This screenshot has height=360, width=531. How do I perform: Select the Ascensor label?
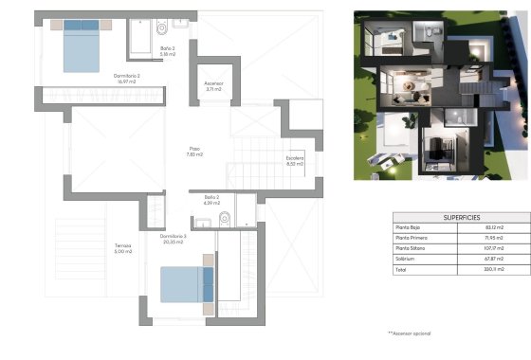click(213, 86)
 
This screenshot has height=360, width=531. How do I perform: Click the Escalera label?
click(294, 162)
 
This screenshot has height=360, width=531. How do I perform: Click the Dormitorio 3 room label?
click(172, 238)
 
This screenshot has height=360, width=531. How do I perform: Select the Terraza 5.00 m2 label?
click(119, 249)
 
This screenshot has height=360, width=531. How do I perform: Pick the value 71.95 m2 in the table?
click(493, 239)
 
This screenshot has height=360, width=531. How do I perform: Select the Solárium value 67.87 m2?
click(493, 260)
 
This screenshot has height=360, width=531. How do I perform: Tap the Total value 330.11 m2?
click(493, 270)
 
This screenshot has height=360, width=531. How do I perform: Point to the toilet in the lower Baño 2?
click(225, 219)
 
